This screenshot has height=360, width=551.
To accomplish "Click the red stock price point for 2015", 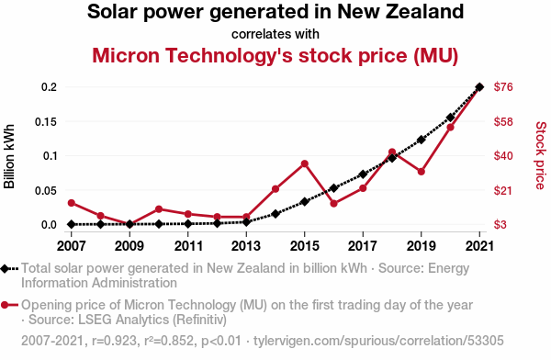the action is (x=305, y=163).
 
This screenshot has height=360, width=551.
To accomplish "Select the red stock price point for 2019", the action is (x=422, y=172).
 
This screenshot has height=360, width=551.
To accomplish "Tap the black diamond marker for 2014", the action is (x=275, y=214).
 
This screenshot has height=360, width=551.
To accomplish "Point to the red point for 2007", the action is (x=72, y=203).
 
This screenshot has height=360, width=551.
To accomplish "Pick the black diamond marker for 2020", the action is (x=451, y=118).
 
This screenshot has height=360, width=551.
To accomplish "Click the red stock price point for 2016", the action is (x=334, y=204).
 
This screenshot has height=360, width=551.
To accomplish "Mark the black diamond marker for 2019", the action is (x=422, y=140).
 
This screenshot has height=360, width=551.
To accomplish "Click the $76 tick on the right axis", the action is (x=503, y=87).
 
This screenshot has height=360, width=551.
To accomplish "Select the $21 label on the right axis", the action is (x=503, y=190).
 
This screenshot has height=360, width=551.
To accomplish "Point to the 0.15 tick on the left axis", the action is (x=46, y=122).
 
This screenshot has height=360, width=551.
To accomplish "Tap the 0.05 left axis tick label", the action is (x=46, y=190).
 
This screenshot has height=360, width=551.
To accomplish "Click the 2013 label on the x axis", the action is (x=246, y=246).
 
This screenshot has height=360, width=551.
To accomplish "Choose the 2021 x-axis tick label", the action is (x=479, y=246).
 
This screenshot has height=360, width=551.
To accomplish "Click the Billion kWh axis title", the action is (x=9, y=156).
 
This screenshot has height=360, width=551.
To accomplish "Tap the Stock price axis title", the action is (x=541, y=156).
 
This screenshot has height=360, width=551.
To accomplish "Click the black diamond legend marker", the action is (x=5, y=269).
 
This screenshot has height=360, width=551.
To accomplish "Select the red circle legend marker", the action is (x=5, y=305).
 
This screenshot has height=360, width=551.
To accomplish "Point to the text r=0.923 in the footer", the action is (x=114, y=341).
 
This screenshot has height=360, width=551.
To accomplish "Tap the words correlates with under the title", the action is (x=275, y=34).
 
